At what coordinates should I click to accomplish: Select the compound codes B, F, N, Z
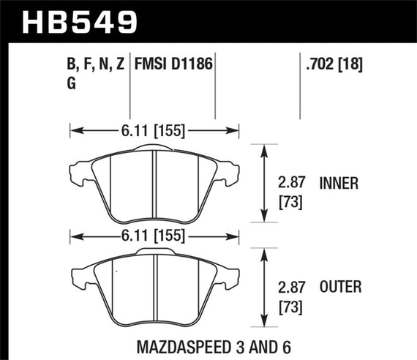point(95,65)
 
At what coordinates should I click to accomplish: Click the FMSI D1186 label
point(173,65)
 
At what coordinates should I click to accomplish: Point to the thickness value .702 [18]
point(333,65)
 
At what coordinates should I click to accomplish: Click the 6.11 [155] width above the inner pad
point(154,132)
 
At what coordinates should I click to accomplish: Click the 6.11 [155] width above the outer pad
point(154,236)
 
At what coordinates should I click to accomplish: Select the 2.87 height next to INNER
point(292,183)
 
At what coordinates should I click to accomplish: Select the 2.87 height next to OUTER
point(292,287)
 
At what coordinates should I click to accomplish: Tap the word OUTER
point(340,287)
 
